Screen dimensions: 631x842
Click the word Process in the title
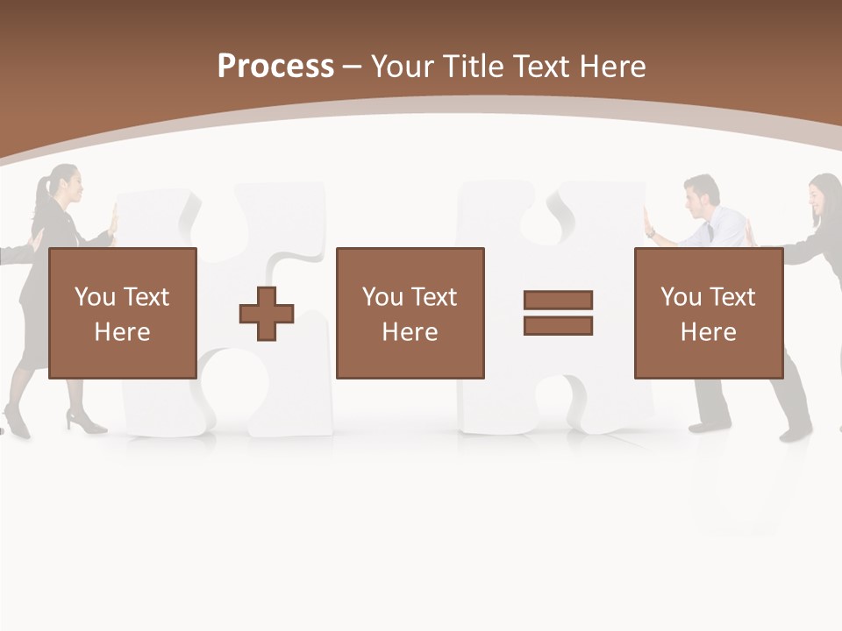point(275,67)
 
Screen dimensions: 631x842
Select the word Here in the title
point(611,67)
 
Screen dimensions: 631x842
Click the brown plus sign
point(267,314)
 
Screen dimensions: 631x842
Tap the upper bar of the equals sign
point(558,300)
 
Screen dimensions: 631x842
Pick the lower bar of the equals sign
point(558,326)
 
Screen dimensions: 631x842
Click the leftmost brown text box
point(123,313)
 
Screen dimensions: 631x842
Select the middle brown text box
point(410,313)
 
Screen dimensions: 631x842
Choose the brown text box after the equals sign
point(709,313)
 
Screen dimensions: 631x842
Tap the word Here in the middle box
point(410,332)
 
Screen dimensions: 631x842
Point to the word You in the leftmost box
point(95,297)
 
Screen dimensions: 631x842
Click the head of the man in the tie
point(702,195)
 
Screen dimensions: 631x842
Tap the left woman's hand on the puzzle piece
point(112,219)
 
